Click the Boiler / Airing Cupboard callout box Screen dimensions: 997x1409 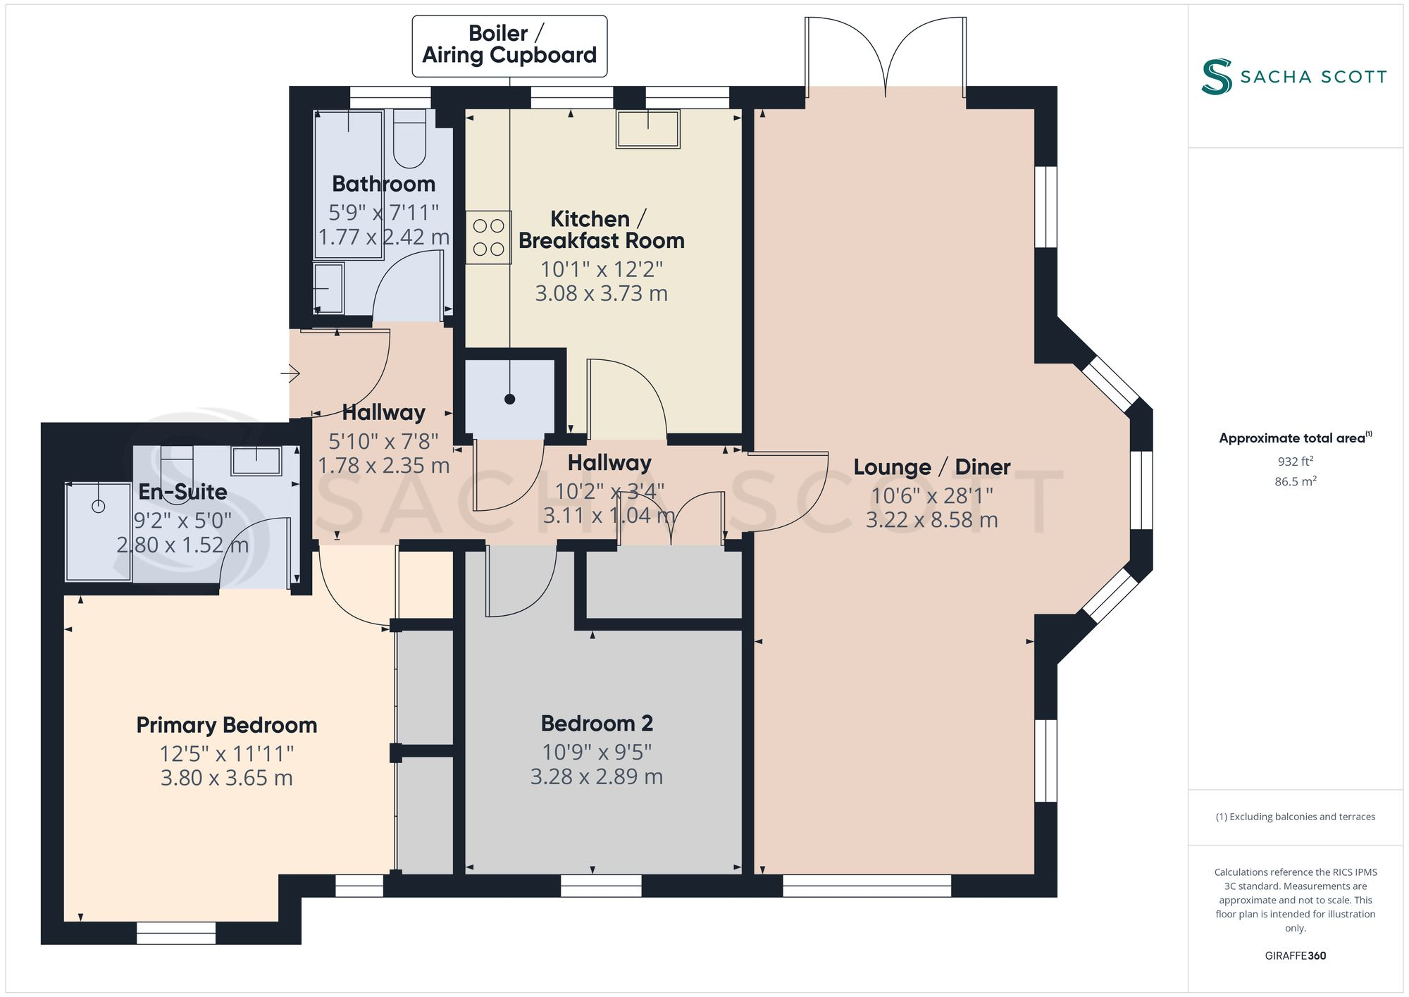(509, 45)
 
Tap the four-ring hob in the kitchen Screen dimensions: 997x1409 (488, 237)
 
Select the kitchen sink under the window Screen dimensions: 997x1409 (648, 129)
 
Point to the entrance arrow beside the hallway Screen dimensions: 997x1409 (291, 373)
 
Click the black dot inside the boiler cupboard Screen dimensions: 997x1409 (510, 400)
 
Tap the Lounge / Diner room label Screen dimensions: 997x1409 (931, 467)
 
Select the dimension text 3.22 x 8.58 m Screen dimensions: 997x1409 (931, 520)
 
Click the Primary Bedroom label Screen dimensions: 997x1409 (226, 725)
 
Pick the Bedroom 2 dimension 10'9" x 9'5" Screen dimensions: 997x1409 (597, 752)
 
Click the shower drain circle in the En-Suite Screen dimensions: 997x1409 (99, 506)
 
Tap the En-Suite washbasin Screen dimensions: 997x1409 (256, 461)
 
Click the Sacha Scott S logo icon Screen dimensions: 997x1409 (1217, 77)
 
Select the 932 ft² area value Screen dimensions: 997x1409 (1295, 462)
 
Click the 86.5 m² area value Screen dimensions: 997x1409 (1295, 482)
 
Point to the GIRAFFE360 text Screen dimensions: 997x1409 (1295, 955)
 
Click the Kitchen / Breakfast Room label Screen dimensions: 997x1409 (601, 230)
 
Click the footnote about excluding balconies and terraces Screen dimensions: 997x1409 (1295, 817)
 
